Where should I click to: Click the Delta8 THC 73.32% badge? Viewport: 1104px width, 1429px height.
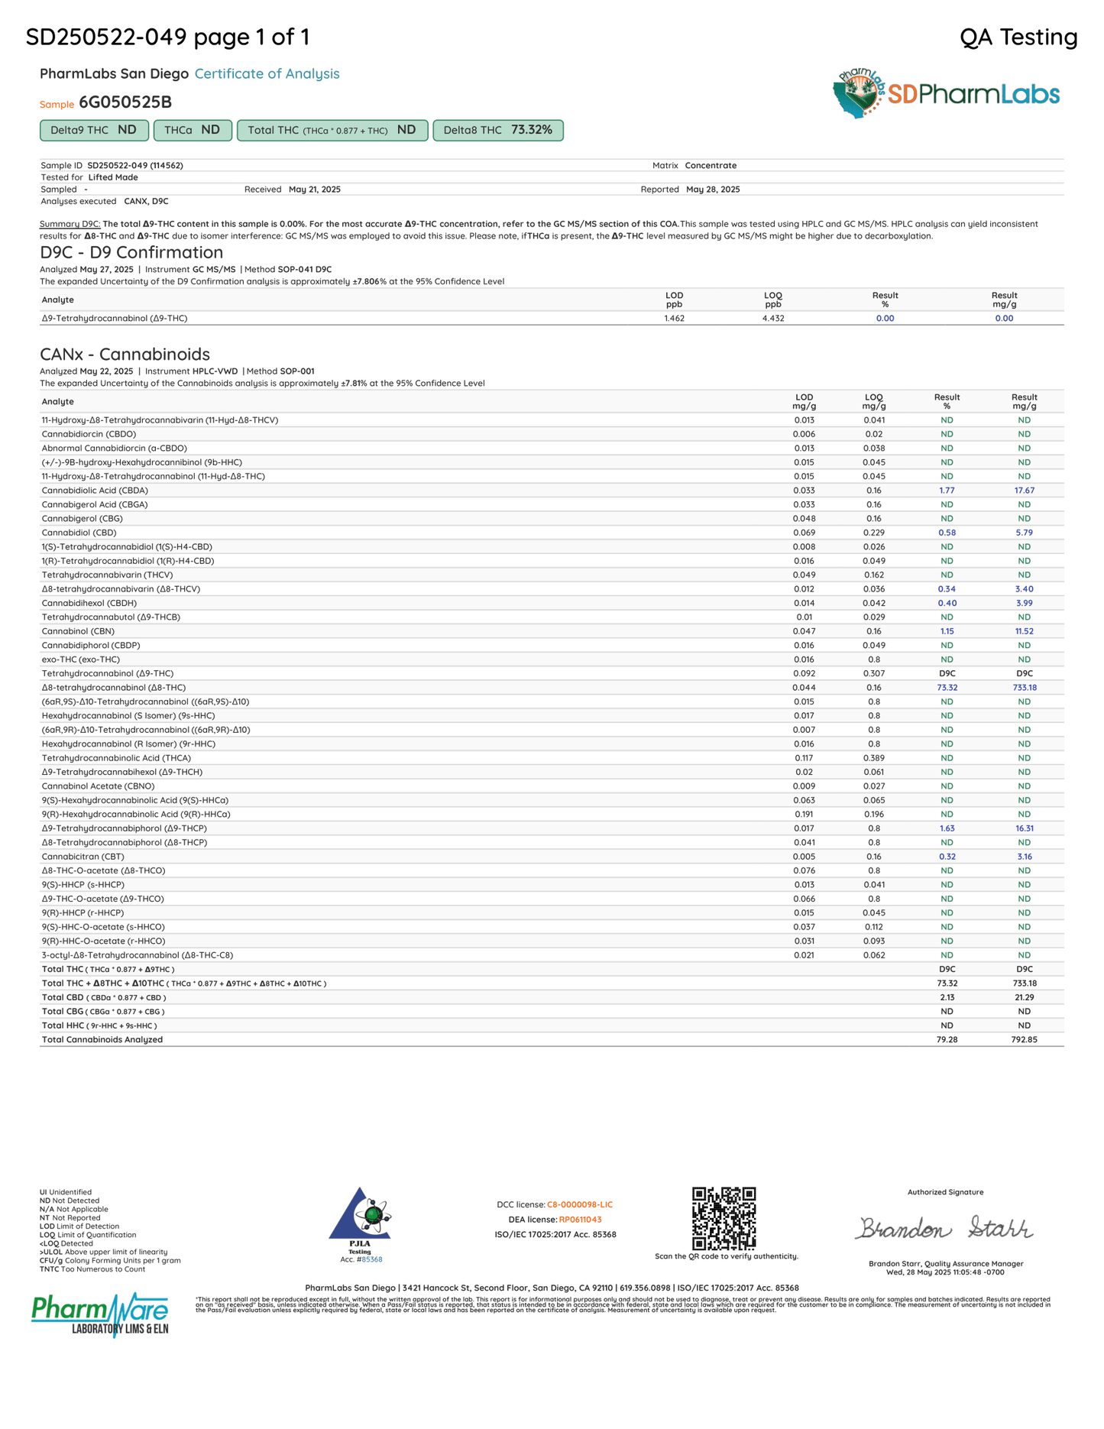click(497, 131)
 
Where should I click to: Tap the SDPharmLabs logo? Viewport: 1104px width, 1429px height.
click(946, 94)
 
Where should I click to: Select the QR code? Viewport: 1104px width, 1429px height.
click(724, 1218)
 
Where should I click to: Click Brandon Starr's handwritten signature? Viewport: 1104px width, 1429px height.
click(944, 1228)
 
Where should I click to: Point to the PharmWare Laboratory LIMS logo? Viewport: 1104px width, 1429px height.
click(100, 1314)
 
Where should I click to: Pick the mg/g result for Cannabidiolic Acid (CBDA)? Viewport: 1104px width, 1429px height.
click(1024, 491)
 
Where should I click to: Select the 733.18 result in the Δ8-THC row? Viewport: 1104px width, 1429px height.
click(1024, 688)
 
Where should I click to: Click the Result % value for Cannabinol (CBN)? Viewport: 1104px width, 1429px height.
click(947, 631)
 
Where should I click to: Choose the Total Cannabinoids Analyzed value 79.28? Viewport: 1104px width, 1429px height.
click(947, 1039)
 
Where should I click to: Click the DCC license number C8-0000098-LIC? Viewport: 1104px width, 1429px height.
click(579, 1205)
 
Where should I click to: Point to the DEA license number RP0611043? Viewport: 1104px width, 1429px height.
click(580, 1220)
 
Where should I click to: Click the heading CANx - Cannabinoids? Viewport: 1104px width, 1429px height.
click(125, 355)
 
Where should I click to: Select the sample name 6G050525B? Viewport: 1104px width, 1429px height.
click(125, 102)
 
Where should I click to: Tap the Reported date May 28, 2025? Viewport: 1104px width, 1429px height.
click(713, 190)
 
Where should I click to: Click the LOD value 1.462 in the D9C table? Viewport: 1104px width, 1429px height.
click(674, 319)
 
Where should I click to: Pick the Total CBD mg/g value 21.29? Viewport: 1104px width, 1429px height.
click(1024, 997)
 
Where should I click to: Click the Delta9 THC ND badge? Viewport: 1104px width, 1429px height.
click(94, 131)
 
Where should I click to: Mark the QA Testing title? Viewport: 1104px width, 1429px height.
click(1018, 37)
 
